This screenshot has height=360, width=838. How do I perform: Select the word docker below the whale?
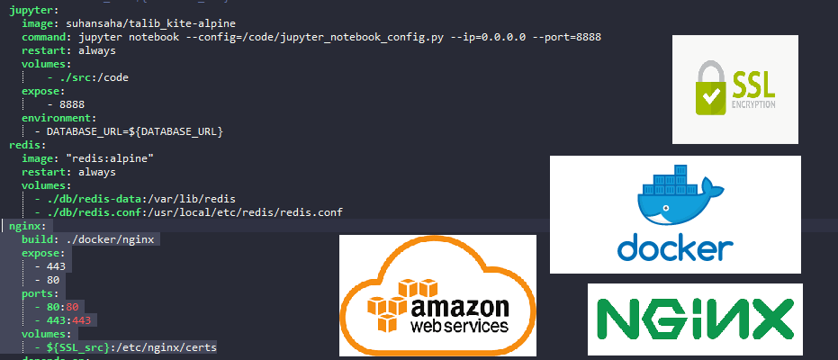674,247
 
